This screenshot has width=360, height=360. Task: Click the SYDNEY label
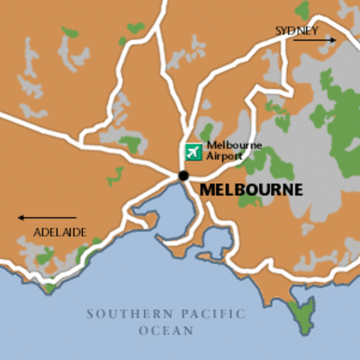(x=297, y=31)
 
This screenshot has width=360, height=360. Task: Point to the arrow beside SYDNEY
(x=314, y=40)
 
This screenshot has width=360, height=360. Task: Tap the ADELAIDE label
(x=60, y=232)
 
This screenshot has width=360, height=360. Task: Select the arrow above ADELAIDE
(x=46, y=218)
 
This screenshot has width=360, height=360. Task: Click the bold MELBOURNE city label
(x=251, y=190)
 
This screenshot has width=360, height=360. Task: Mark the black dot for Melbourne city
(x=184, y=175)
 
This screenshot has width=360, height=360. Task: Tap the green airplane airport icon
(x=194, y=151)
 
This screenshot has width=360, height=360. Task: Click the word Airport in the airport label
(x=224, y=156)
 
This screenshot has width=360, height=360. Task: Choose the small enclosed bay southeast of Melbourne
(x=217, y=241)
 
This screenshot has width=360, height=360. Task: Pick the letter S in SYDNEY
(x=279, y=31)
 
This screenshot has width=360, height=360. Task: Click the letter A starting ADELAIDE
(x=37, y=232)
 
